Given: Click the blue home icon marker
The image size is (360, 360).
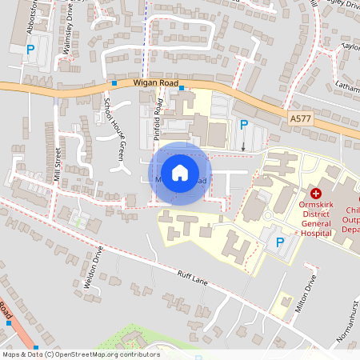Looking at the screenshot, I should click(180, 173).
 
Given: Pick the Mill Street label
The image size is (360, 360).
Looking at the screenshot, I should click(58, 165).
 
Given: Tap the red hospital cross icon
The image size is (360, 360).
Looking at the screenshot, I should click(316, 194).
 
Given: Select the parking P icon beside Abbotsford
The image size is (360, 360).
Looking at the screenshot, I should click(30, 50).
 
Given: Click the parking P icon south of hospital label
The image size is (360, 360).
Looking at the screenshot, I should click(279, 242).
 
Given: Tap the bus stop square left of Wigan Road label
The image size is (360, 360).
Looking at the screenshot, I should click(114, 82).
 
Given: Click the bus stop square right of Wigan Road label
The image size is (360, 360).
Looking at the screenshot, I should click(182, 88).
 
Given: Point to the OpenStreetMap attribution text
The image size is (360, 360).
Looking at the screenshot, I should click(80, 354).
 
